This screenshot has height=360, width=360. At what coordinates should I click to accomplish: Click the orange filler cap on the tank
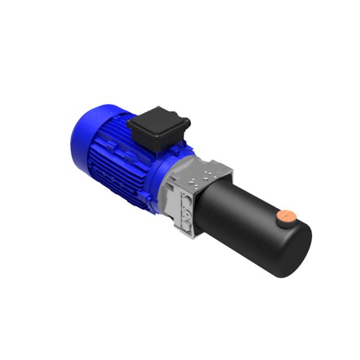pos(286,215)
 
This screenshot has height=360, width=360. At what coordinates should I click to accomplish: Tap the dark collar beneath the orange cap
pos(284,222)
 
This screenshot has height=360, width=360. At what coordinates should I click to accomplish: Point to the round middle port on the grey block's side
pos(187,211)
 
